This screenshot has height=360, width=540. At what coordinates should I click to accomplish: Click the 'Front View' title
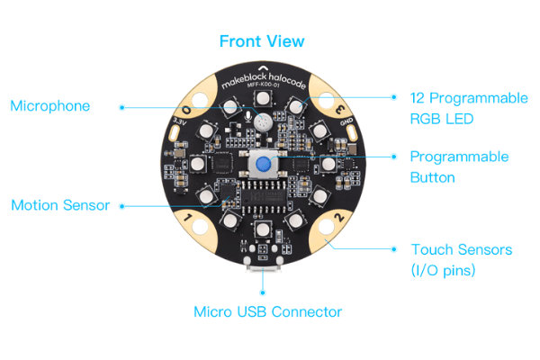click(x=262, y=41)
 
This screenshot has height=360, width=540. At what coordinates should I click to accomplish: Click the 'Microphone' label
click(x=50, y=106)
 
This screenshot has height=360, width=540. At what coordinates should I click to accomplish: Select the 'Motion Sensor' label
click(x=60, y=205)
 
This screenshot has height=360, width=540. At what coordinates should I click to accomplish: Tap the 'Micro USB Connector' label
click(x=268, y=312)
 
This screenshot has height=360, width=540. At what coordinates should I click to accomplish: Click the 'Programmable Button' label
click(x=459, y=166)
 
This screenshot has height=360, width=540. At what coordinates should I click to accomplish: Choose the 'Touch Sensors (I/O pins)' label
click(x=462, y=259)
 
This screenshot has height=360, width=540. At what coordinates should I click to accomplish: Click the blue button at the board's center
click(x=264, y=165)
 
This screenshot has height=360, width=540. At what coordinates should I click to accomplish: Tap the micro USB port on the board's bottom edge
click(x=264, y=269)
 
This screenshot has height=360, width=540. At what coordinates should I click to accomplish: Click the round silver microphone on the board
click(x=262, y=120)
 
